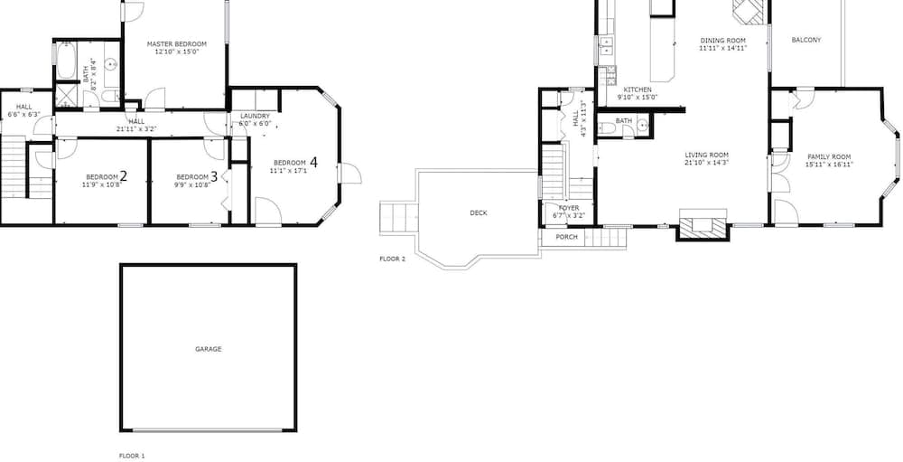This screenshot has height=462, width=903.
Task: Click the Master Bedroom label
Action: click(177, 43)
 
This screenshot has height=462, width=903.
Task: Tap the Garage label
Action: click(208, 349)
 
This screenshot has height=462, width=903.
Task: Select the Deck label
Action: click(479, 212)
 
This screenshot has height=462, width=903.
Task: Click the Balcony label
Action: click(806, 40)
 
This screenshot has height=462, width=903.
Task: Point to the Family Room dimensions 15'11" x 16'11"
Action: click(829, 165)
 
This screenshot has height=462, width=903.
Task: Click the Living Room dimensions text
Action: click(707, 163)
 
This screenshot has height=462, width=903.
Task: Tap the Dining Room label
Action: click(722, 41)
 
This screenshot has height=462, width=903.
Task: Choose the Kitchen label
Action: click(638, 90)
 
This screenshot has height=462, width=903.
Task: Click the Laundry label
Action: click(256, 116)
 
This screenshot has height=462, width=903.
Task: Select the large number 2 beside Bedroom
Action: click(123, 176)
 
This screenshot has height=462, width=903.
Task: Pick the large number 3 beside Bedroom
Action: click(214, 176)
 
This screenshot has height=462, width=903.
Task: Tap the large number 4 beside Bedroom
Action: click(313, 163)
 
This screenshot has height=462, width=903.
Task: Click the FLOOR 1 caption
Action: click(132, 456)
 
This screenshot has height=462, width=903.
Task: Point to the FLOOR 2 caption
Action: click(392, 259)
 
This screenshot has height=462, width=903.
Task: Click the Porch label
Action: click(567, 237)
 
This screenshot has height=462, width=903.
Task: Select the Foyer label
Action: click(569, 208)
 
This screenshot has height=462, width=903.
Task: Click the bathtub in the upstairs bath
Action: click(66, 61)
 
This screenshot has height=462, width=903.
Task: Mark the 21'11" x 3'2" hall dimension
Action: click(136, 128)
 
